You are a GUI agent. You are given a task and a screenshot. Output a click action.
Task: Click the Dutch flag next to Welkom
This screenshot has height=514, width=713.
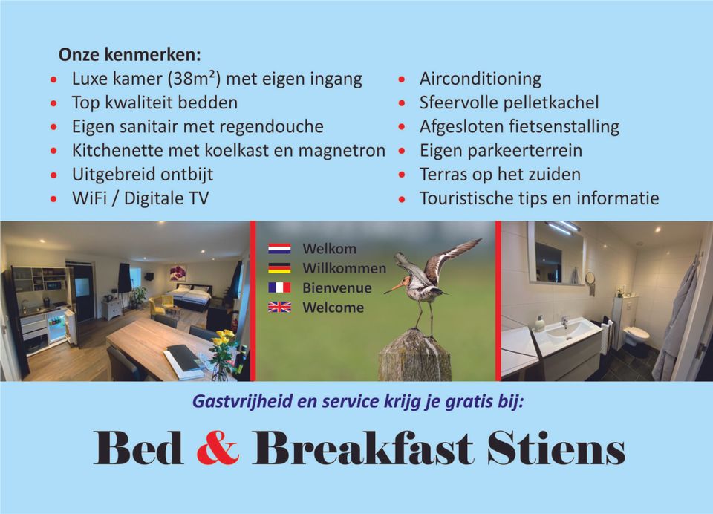(x=279, y=249)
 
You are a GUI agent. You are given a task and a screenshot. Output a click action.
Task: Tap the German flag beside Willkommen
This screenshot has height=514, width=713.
(x=279, y=268)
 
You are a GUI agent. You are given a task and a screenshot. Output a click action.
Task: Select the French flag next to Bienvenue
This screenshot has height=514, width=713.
(x=279, y=287)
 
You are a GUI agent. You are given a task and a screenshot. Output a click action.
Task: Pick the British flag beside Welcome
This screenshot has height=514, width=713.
(x=279, y=308)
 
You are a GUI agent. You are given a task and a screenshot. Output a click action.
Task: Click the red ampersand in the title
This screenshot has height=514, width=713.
(x=218, y=448)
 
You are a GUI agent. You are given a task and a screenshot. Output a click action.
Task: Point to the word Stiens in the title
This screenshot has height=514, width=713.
(x=556, y=448)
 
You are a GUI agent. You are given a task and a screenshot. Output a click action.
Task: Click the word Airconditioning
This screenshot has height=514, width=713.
(x=481, y=79)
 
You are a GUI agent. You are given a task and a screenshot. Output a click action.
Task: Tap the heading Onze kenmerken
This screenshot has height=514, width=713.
(x=129, y=55)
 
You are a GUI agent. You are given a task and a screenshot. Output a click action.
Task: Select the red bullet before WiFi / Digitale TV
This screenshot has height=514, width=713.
(x=53, y=199)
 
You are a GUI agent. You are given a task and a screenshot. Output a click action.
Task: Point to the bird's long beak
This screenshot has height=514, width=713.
(x=394, y=288)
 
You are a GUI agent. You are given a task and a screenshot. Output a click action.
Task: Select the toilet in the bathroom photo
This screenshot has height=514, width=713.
(x=637, y=337)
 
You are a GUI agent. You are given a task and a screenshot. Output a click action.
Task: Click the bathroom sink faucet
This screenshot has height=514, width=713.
(x=564, y=322)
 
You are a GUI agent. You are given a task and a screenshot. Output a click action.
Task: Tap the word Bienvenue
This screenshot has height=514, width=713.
(x=337, y=288)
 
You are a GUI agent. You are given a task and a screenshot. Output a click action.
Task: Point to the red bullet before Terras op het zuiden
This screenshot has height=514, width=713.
(x=402, y=175)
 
